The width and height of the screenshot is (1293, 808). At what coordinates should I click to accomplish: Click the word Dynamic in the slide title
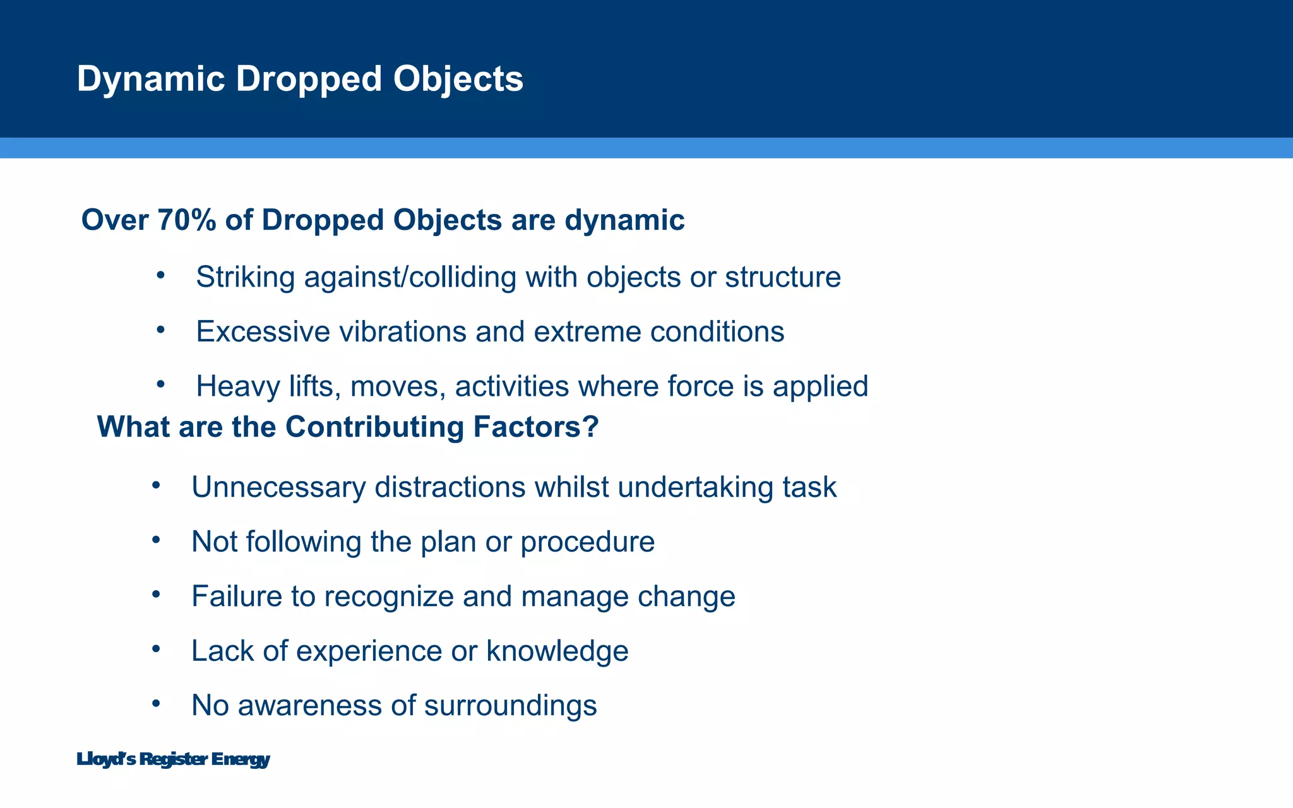coord(150,80)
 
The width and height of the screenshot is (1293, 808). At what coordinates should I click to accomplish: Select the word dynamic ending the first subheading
coord(624,220)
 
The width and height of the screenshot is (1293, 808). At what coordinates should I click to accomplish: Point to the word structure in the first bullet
coord(783,277)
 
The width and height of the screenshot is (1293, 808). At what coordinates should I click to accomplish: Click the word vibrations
coord(402,332)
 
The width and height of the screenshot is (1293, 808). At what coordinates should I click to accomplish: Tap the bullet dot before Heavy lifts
coord(161,384)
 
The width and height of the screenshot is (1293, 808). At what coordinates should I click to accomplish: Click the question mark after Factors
coord(591,427)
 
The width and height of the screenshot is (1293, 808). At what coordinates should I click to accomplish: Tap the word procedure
coord(587,542)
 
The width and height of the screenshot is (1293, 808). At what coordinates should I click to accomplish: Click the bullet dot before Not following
coord(157,540)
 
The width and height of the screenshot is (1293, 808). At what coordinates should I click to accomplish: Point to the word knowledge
coord(557,651)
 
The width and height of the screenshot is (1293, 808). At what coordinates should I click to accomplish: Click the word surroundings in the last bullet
coord(510,706)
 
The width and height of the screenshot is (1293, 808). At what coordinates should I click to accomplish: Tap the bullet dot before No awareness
coord(157,703)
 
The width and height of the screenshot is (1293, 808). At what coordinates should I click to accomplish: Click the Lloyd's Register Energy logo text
coord(173,759)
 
